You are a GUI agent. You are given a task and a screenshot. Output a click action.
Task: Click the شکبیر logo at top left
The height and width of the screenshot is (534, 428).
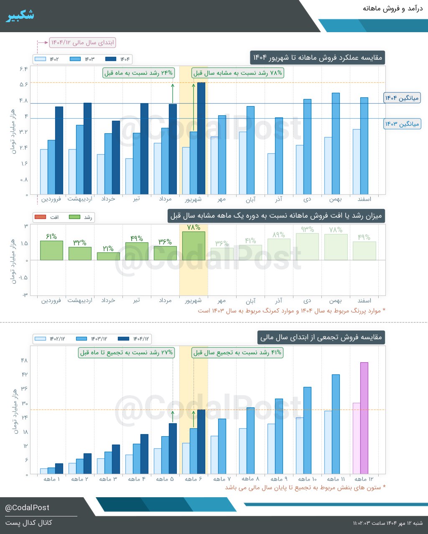click(20, 15)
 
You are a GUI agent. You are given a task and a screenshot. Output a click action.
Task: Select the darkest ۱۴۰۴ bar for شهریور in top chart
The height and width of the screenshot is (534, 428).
click(201, 138)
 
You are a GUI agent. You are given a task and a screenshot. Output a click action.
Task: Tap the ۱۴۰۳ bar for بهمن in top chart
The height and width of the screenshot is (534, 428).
click(336, 144)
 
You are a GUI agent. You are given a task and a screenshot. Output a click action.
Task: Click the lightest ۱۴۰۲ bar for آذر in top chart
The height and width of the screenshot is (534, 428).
click(271, 174)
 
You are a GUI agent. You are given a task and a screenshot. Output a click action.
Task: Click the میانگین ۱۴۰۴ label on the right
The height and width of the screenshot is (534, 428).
click(402, 98)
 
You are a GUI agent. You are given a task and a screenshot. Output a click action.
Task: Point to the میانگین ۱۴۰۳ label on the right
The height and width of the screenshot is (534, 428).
click(402, 124)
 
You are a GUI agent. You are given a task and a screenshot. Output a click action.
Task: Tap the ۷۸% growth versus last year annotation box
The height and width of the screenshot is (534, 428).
click(238, 73)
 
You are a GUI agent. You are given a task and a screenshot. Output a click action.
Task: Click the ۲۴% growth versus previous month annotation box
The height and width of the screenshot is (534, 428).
click(139, 73)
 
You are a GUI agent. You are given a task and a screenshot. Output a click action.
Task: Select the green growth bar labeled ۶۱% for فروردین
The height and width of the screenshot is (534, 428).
click(51, 250)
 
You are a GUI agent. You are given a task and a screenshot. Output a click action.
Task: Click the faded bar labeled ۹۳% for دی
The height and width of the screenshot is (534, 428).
click(307, 247)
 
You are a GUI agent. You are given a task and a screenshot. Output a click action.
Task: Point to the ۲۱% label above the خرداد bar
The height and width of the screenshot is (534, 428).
click(108, 249)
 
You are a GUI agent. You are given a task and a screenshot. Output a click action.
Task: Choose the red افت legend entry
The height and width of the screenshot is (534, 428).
click(47, 217)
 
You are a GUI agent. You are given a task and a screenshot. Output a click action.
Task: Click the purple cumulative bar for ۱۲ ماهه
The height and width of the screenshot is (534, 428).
click(364, 418)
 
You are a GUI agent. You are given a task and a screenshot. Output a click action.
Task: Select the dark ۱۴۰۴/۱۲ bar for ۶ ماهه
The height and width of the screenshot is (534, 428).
click(201, 442)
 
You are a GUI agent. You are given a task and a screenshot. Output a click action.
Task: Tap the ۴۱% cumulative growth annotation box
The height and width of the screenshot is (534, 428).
click(238, 353)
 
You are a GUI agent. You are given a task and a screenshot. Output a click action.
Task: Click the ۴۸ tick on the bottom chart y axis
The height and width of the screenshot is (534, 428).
click(24, 361)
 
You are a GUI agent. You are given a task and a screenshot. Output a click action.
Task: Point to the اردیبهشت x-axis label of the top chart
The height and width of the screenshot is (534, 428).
click(79, 199)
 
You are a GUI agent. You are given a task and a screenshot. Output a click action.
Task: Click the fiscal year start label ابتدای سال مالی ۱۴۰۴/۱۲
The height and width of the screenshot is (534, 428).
click(82, 43)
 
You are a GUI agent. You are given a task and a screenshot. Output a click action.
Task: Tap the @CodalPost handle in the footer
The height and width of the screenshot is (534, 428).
click(27, 508)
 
